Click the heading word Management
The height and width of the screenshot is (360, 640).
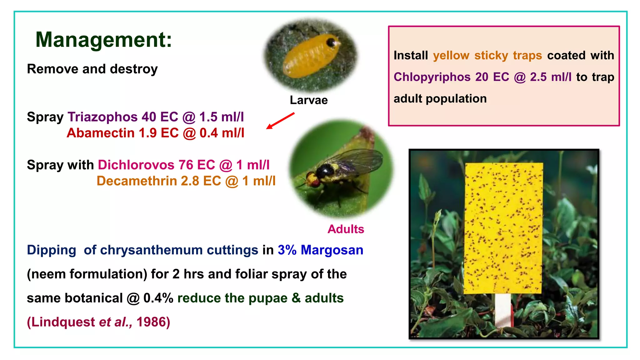tap(103, 40)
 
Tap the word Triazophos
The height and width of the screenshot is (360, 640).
tap(102, 117)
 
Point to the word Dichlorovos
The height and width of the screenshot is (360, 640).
tap(136, 165)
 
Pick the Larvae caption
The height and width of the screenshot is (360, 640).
tap(308, 100)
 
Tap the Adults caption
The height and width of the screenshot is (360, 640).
tap(346, 229)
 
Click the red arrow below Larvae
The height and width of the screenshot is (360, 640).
tap(280, 121)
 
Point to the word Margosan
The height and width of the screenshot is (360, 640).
tap(332, 250)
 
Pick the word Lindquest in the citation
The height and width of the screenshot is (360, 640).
tap(63, 322)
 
